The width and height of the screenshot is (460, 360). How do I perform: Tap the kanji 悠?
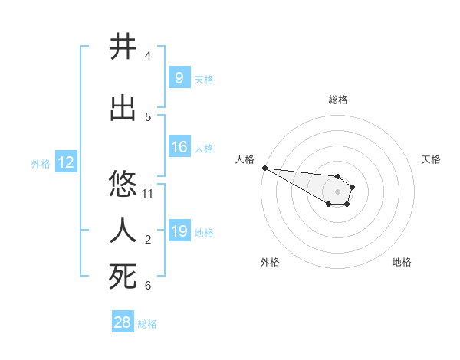click(123, 185)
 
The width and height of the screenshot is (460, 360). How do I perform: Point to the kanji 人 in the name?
click(123, 230)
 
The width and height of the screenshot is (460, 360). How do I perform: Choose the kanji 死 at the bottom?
click(123, 277)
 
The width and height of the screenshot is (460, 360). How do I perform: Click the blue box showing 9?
click(179, 77)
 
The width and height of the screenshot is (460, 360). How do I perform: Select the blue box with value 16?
click(179, 147)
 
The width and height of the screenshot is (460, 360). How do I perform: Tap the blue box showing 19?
click(179, 231)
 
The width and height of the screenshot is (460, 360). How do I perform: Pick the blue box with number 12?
click(66, 162)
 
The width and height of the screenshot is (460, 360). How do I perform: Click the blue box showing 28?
click(123, 322)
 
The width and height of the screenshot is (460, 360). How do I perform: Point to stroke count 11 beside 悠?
click(148, 194)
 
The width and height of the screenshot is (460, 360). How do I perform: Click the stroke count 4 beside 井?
click(148, 56)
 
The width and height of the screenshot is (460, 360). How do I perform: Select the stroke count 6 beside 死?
click(148, 286)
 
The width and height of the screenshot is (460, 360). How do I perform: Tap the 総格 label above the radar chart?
click(338, 100)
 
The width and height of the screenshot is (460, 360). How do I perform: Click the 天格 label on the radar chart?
click(431, 159)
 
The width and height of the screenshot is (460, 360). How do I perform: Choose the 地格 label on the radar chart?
click(402, 262)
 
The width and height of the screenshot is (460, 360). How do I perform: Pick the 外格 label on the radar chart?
click(270, 262)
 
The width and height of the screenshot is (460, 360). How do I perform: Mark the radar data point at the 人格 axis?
click(264, 168)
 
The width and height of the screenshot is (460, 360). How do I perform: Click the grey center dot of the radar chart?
click(337, 191)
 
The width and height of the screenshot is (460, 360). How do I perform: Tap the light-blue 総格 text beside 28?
click(147, 324)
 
